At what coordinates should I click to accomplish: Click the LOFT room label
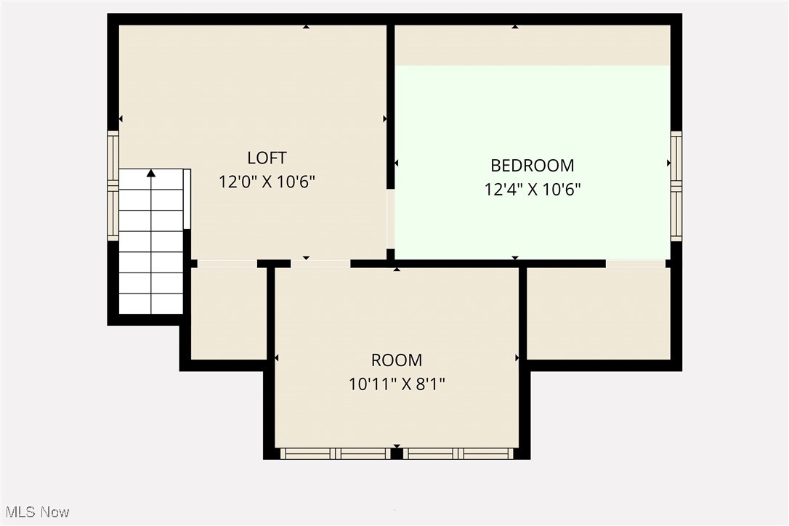tap(267, 158)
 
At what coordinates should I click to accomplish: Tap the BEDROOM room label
tap(533, 166)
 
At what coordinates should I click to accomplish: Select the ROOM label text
tap(397, 360)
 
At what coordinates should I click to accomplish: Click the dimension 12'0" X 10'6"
tap(267, 182)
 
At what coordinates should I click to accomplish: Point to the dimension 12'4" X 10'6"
tap(533, 190)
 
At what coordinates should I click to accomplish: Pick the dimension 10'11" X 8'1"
tap(397, 384)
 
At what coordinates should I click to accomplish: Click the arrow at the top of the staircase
tap(151, 174)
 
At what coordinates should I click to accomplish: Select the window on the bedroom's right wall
tap(676, 186)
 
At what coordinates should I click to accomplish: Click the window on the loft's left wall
tap(113, 185)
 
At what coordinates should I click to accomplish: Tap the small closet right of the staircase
tap(228, 313)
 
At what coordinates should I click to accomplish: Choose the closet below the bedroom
tap(598, 313)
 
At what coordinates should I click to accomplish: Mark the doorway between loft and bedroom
tap(391, 219)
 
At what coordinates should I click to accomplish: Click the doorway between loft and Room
tap(320, 263)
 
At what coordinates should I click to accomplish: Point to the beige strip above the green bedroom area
tap(533, 45)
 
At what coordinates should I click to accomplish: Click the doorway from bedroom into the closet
tap(636, 263)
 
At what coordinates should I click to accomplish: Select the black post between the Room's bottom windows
tap(397, 454)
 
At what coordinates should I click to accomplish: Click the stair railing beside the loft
tap(187, 198)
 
